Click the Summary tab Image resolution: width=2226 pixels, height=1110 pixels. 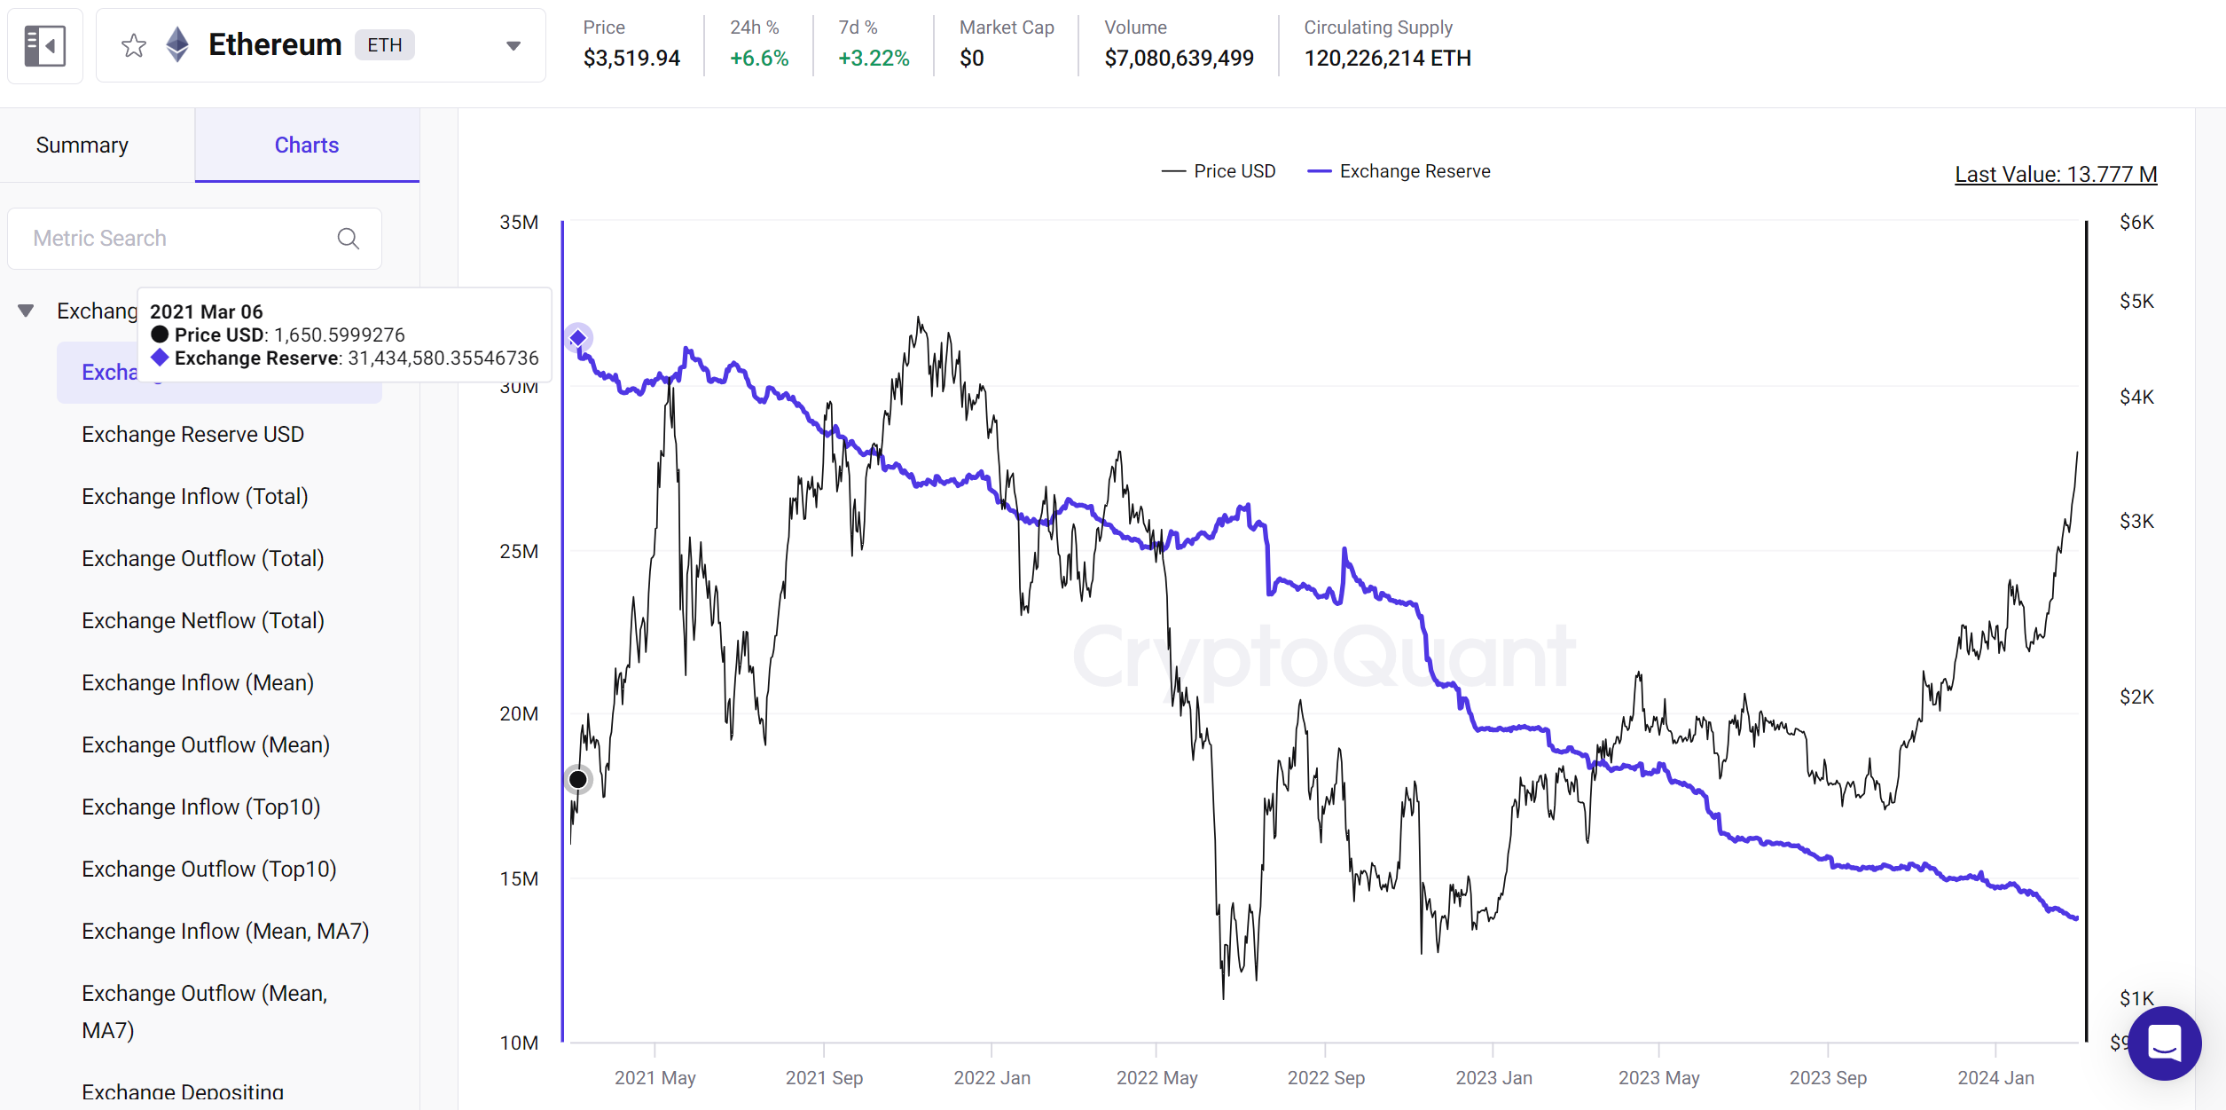point(82,145)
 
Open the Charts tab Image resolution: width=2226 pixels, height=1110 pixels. point(306,145)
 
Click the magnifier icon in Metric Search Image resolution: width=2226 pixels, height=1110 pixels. point(349,239)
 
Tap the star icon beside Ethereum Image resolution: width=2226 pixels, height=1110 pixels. point(134,45)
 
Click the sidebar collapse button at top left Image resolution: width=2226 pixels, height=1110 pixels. point(45,45)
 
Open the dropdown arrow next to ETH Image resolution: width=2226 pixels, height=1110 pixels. point(513,45)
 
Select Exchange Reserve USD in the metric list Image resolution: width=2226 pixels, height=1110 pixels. point(192,434)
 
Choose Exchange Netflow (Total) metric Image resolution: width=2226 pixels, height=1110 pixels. point(202,620)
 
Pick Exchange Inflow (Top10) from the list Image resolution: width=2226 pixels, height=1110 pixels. point(200,807)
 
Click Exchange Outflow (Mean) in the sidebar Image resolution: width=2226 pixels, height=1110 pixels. point(205,744)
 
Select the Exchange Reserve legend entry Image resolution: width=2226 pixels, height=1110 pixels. point(1400,171)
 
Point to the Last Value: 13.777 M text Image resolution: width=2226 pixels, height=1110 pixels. point(2055,174)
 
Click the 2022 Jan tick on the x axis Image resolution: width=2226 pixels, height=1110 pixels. point(992,1077)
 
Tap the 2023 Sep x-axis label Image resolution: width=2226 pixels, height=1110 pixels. point(1827,1077)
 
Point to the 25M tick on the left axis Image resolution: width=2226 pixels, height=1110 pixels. point(519,551)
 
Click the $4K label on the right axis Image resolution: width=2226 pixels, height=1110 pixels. point(2136,397)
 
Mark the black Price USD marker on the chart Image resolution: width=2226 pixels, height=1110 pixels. point(577,779)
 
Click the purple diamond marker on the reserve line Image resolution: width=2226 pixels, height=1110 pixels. point(578,338)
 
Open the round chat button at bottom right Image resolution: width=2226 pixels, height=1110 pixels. point(2164,1043)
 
